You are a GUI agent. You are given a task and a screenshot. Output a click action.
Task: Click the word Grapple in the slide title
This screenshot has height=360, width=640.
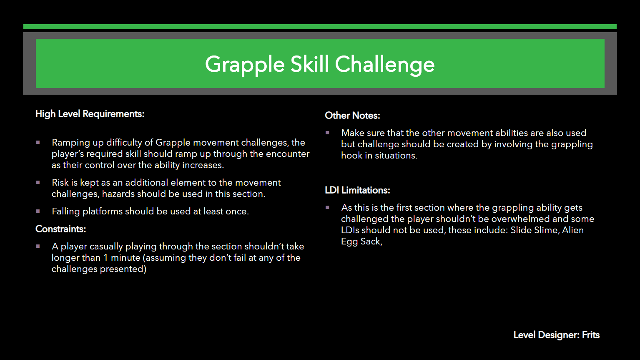[x=245, y=65]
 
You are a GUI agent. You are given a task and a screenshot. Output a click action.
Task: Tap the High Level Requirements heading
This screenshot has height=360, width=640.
[x=90, y=114]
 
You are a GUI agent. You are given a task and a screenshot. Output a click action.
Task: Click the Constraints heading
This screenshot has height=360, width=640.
[x=60, y=229]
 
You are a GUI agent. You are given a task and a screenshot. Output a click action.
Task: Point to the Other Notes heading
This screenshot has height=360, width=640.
[x=353, y=116]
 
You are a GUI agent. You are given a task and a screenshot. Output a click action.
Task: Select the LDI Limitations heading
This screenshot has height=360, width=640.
[x=357, y=190]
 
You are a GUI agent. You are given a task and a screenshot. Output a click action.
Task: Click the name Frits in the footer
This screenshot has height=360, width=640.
[x=591, y=335]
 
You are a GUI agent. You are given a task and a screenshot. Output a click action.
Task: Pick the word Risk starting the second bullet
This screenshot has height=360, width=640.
[x=60, y=182]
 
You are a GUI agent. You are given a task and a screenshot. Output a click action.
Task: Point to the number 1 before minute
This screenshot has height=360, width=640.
[x=105, y=258]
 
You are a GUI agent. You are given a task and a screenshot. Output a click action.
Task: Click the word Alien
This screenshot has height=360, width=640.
[x=573, y=230]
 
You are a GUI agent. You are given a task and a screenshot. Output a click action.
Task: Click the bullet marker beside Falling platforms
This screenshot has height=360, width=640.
[x=38, y=211]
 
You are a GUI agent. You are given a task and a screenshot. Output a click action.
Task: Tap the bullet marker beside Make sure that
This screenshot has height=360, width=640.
[x=327, y=133]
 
